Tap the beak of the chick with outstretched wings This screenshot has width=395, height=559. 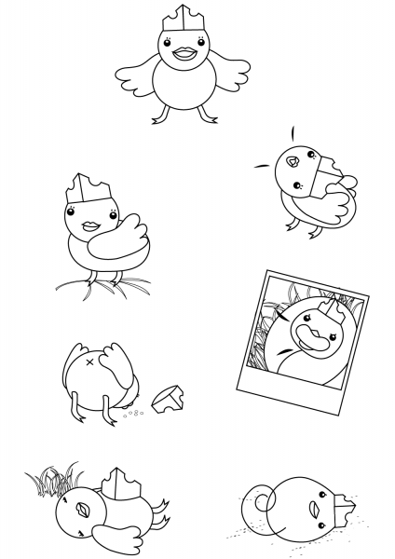click(x=183, y=53)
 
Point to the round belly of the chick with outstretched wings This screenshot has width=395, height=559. click(x=183, y=89)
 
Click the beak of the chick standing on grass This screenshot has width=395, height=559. click(x=91, y=226)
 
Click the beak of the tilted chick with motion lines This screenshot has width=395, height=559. click(x=292, y=161)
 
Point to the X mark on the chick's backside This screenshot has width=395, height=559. click(x=90, y=360)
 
